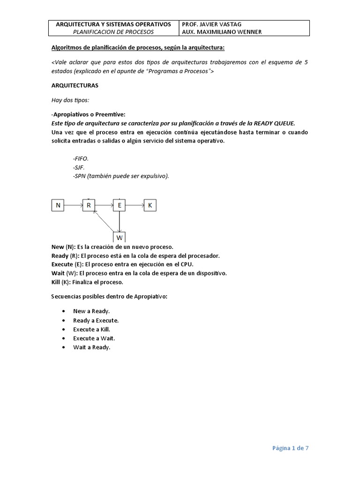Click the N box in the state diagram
58,205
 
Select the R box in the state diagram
89,205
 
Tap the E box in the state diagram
120,205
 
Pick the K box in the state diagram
150,205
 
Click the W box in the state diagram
120,237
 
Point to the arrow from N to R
73,205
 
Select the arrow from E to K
135,205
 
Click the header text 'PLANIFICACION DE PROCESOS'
113,32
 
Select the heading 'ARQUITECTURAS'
75,87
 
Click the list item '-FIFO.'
81,158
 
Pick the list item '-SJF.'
79,167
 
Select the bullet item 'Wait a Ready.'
91,347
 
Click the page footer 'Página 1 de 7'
291,448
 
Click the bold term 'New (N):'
64,247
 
